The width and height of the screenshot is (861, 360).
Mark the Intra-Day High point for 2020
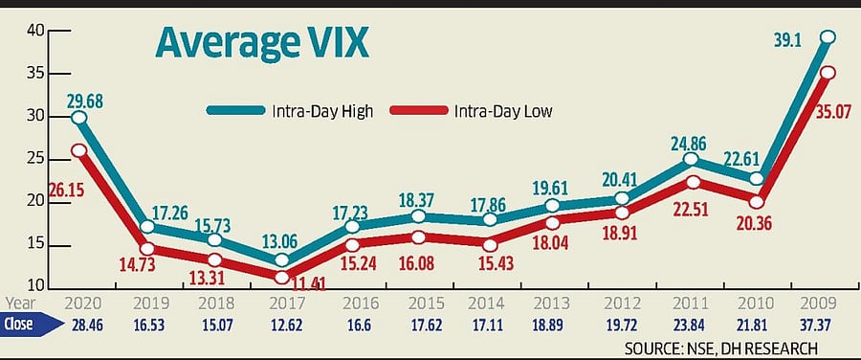point(79,118)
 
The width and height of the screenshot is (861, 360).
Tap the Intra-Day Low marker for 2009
point(828,72)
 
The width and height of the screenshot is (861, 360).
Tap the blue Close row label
point(21,325)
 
